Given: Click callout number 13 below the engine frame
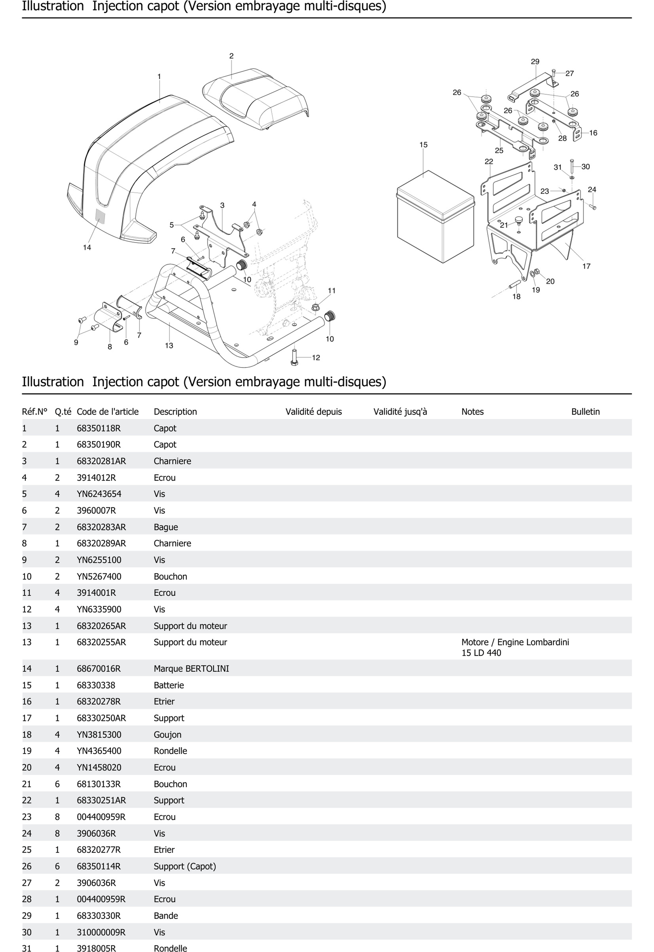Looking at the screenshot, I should click(x=169, y=346).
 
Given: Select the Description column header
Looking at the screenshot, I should click(x=175, y=412).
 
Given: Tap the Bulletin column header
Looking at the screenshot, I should click(x=585, y=412).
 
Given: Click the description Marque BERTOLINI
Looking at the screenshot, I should click(x=191, y=669).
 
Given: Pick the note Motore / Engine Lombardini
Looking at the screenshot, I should click(x=515, y=642).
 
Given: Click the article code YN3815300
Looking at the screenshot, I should click(x=99, y=735).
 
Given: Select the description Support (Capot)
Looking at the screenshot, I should click(x=185, y=866).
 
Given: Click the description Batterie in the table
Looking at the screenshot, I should click(x=169, y=685).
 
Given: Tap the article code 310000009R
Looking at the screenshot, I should click(x=101, y=932).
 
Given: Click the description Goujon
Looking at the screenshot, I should click(x=167, y=735).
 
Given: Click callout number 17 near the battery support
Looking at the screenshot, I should click(x=586, y=266).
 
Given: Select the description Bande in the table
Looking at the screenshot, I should click(x=166, y=916).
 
